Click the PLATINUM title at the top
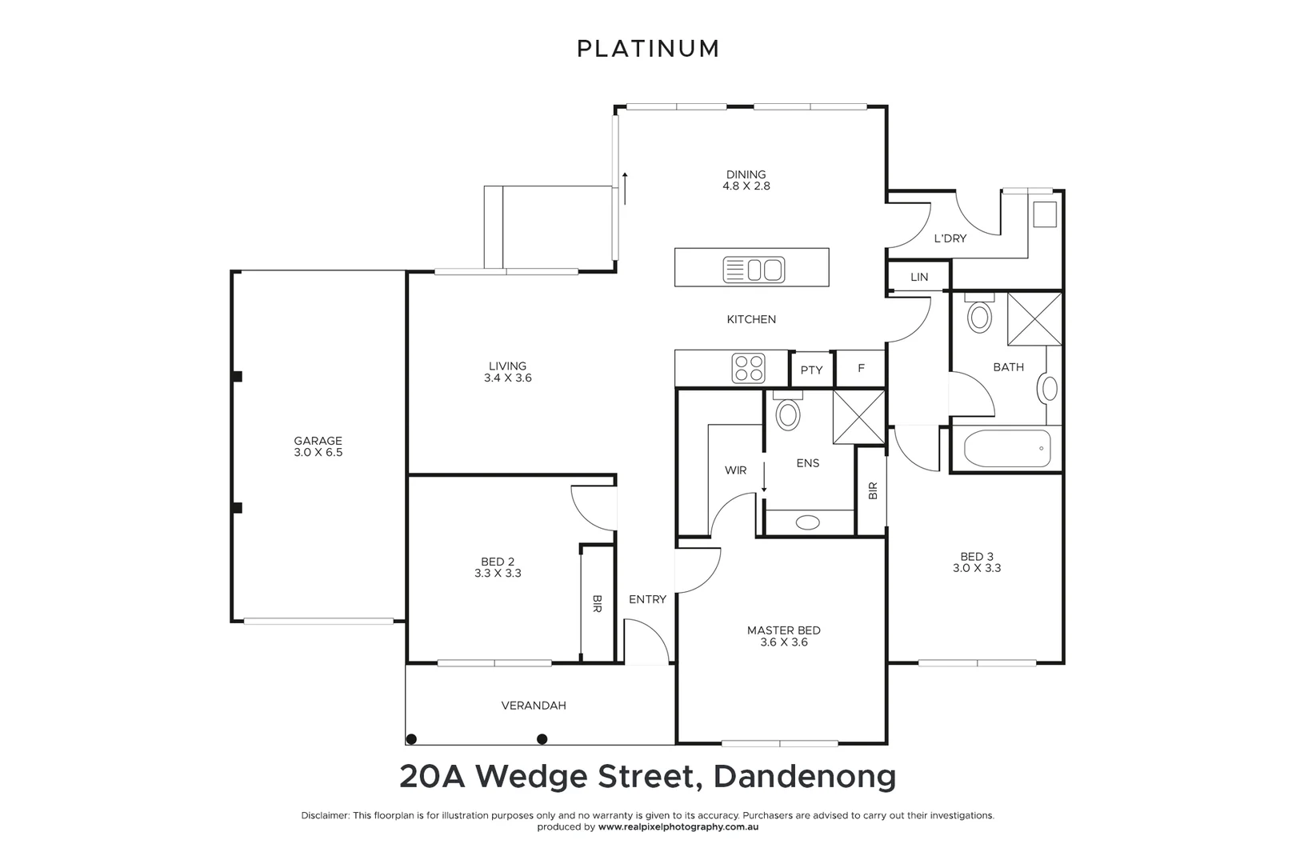coord(648,49)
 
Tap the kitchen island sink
coord(754,268)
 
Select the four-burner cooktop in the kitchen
coord(749,369)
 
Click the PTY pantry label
coord(811,370)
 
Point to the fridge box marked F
coord(861,369)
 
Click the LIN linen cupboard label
coord(919,278)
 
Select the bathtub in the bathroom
coord(1007,449)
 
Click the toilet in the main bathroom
coord(979,315)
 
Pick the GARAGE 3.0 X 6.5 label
coord(318,446)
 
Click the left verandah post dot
coord(411,738)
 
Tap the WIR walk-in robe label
coord(735,470)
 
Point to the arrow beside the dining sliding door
coord(625,187)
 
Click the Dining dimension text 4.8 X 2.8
coord(746,186)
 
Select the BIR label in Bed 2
coord(597,604)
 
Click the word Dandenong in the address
coord(804,777)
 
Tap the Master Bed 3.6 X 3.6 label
coord(783,636)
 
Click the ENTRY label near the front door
coord(647,599)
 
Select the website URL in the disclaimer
coord(678,827)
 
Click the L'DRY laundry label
coord(950,238)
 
